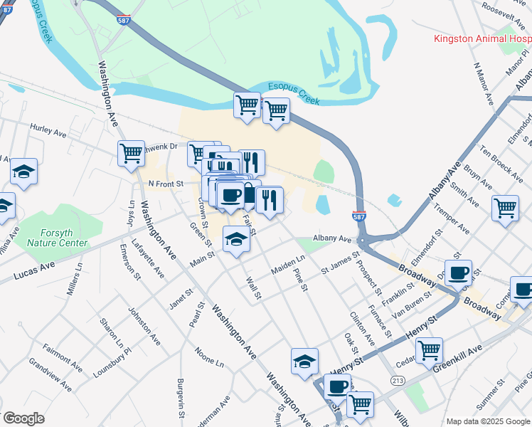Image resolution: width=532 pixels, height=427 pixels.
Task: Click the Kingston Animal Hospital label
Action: coord(482,38)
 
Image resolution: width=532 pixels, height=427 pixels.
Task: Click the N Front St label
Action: coord(165,184)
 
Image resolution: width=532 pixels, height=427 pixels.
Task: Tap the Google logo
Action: coord(24,418)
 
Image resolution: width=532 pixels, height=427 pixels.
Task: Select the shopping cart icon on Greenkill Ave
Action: coord(429,349)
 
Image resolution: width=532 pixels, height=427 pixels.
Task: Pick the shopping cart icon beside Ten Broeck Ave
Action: coord(505,208)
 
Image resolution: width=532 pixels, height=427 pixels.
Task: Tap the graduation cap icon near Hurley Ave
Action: coord(24,172)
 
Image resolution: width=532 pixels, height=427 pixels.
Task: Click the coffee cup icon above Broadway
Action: coord(459,272)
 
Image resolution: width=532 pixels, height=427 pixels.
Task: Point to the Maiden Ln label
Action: coord(288,266)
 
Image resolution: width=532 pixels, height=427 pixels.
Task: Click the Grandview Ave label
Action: coord(50,375)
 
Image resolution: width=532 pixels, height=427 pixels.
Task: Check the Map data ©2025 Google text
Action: coord(487,421)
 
